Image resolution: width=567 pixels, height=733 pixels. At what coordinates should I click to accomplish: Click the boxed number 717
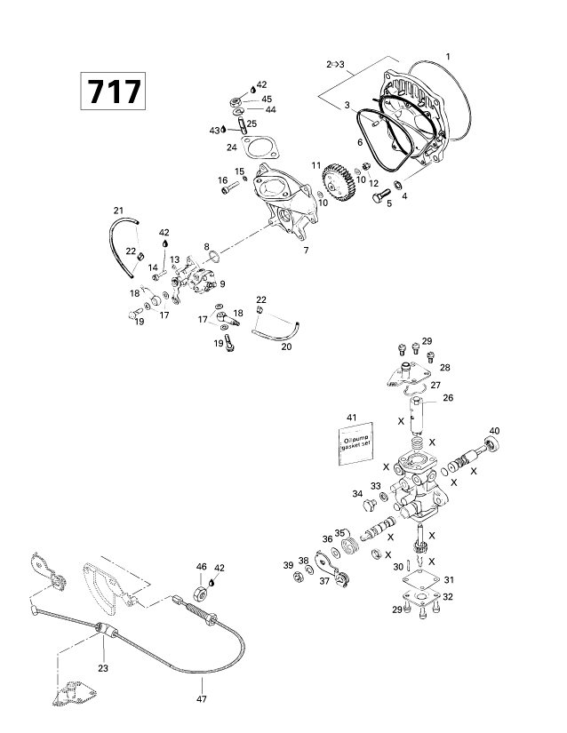click(112, 92)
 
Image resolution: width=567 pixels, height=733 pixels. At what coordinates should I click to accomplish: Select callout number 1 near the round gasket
click(449, 57)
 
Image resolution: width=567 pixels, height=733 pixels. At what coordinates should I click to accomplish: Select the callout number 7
click(306, 251)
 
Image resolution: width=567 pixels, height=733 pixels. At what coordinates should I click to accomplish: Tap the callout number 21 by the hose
click(118, 210)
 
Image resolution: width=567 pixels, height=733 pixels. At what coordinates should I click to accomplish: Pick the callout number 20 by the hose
click(261, 347)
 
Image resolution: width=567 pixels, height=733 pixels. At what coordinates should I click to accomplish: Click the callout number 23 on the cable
click(103, 668)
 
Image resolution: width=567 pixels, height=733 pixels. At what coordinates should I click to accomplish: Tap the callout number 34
click(356, 493)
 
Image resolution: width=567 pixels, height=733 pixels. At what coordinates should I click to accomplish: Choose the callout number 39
click(288, 565)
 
